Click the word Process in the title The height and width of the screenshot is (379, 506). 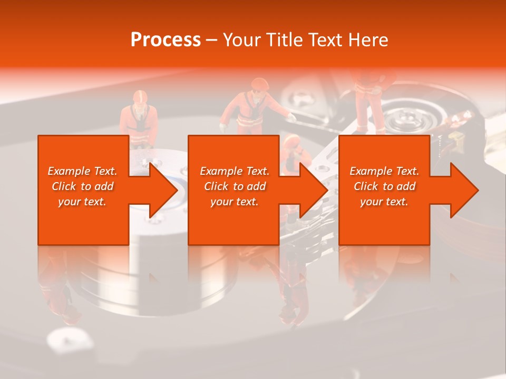[166, 40]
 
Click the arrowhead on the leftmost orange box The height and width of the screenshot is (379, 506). [161, 190]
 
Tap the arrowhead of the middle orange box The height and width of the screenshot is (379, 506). [311, 190]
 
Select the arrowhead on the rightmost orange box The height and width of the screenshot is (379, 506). [462, 190]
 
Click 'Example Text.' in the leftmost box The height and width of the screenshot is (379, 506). [82, 171]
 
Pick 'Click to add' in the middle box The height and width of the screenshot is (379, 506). [235, 186]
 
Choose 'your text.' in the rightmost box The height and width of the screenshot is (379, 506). [384, 202]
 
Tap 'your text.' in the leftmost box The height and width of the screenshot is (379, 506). [82, 202]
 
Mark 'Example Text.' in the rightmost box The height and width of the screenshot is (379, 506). [384, 171]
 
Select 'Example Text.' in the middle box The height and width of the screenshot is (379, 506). [235, 171]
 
